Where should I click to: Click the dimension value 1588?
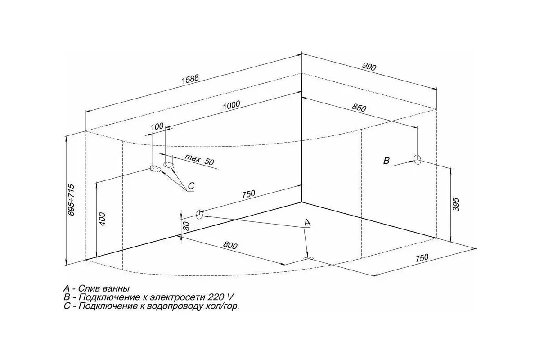click(x=190, y=79)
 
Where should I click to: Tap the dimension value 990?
click(x=369, y=67)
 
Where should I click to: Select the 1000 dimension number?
click(x=231, y=105)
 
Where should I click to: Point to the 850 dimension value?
click(x=359, y=108)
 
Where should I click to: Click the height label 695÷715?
click(x=72, y=200)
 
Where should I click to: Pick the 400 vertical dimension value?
click(x=103, y=219)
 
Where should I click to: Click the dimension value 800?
click(x=230, y=245)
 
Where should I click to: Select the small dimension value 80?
click(x=187, y=226)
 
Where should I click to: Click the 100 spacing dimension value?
click(x=157, y=126)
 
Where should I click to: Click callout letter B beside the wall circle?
click(x=387, y=161)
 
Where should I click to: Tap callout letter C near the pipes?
click(x=191, y=186)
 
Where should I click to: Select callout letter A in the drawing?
click(x=308, y=222)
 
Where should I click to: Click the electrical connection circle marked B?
click(x=417, y=159)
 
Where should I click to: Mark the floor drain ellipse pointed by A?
click(x=308, y=259)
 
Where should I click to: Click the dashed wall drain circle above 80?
click(x=200, y=214)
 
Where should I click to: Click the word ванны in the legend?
click(x=116, y=288)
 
